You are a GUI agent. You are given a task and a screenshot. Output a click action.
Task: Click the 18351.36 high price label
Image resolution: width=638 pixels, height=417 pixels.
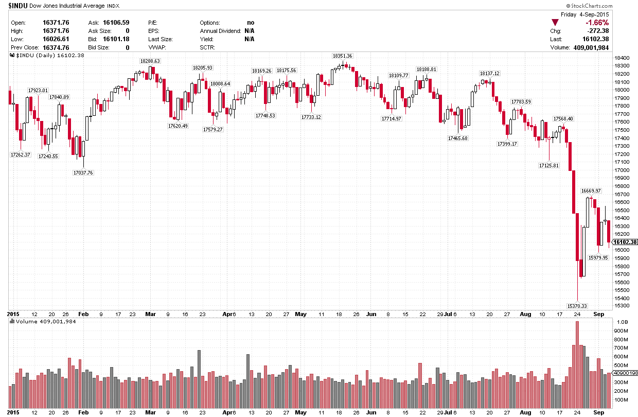(x=342, y=56)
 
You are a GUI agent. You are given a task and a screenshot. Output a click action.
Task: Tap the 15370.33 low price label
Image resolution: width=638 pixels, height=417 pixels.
(x=577, y=306)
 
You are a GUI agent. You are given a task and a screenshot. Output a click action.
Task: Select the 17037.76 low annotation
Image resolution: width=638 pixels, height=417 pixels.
(x=83, y=172)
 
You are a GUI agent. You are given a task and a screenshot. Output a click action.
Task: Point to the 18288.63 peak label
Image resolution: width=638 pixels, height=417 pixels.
(x=150, y=61)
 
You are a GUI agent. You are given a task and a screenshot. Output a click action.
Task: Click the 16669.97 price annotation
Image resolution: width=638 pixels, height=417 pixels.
(x=591, y=190)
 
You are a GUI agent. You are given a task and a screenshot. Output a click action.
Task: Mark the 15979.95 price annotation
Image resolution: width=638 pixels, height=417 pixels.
(x=598, y=257)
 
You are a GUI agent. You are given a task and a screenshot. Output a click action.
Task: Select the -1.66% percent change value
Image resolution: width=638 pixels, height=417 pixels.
(x=597, y=23)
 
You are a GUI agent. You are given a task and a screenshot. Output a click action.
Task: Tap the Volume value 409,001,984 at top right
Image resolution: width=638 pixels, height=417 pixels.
(x=591, y=47)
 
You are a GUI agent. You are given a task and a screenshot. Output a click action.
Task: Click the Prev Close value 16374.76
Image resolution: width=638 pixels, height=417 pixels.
(x=57, y=47)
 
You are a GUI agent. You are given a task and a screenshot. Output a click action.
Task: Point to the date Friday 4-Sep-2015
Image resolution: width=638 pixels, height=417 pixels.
(x=584, y=14)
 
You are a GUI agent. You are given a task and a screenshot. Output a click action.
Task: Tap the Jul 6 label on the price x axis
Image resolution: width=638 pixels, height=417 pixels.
(x=450, y=313)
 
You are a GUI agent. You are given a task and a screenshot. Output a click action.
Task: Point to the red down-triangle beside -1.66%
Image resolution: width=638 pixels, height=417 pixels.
(x=554, y=22)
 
